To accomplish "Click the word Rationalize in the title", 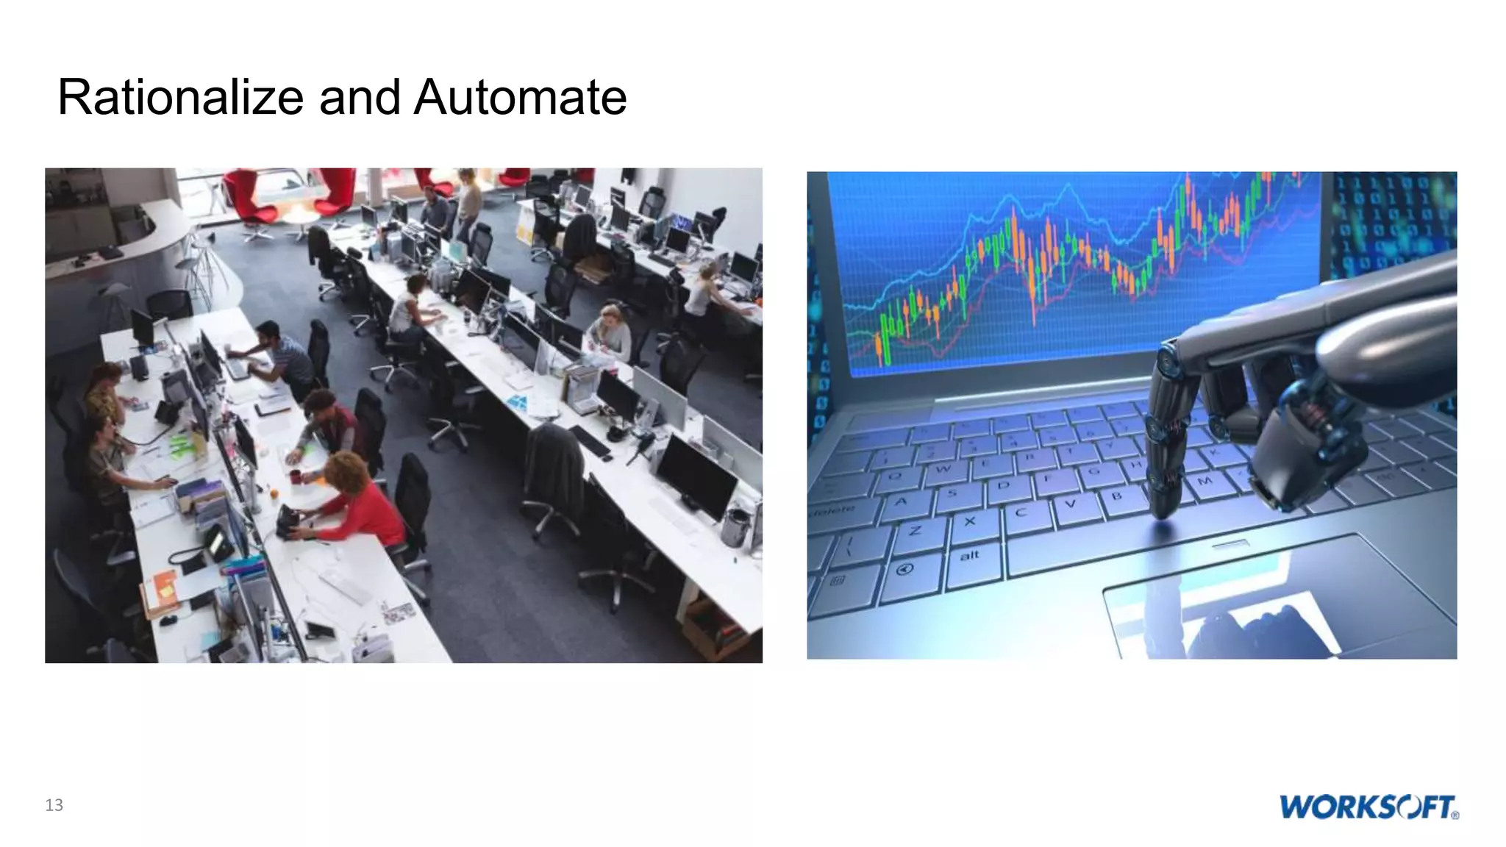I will (180, 98).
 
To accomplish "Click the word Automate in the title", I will (520, 98).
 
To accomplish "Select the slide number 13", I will (54, 805).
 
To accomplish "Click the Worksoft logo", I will (1368, 807).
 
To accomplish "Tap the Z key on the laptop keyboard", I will (915, 531).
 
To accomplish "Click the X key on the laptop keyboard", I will (969, 521).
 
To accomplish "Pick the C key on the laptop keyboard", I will (1021, 512).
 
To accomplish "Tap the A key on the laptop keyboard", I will (900, 502).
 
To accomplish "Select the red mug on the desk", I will (295, 476).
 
